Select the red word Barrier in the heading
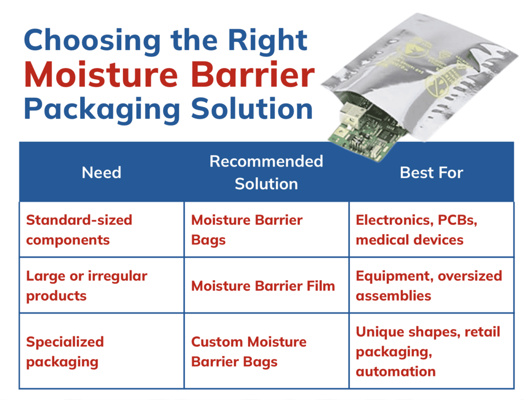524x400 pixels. click(x=253, y=75)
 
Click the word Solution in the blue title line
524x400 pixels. click(x=252, y=109)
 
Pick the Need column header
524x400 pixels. click(x=102, y=173)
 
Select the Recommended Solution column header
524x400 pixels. click(x=266, y=173)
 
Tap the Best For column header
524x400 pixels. click(x=431, y=173)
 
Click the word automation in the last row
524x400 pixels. click(x=396, y=371)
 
